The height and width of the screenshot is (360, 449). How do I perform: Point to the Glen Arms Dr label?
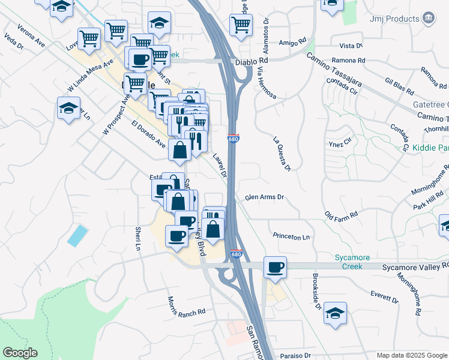pos(264,197)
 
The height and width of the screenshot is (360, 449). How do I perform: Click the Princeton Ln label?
pos(291,237)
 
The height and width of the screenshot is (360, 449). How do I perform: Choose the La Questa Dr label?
pos(282,154)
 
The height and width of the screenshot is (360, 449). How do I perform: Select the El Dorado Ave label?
pos(148,134)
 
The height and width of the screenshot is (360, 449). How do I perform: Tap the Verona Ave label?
pos(31,36)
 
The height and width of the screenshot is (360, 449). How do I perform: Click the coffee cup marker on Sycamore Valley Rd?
pos(275,268)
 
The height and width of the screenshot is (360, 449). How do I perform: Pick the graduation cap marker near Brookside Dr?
pos(335,313)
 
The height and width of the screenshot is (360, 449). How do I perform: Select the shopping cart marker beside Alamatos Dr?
pos(241,25)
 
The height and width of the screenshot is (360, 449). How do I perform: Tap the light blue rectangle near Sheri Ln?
pos(77,235)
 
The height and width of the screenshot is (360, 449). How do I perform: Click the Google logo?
pos(20,353)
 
